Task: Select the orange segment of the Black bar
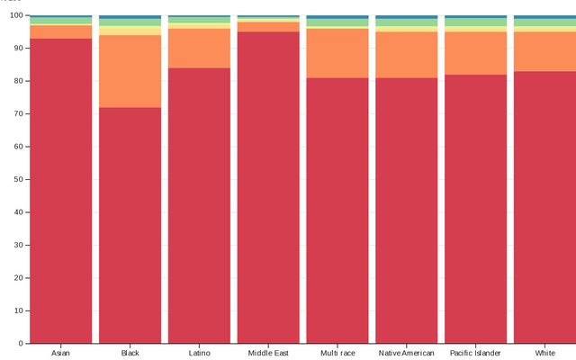(x=130, y=71)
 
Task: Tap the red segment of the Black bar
(x=130, y=225)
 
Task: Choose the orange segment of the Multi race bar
(x=337, y=53)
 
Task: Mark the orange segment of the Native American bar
(x=407, y=55)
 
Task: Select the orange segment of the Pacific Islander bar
(x=476, y=53)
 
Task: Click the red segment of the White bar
(x=544, y=207)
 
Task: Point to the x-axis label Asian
(x=61, y=353)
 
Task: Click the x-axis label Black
(x=130, y=353)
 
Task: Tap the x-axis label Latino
(x=200, y=353)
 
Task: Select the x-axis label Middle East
(x=268, y=353)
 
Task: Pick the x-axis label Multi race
(x=337, y=353)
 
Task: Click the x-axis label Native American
(x=407, y=353)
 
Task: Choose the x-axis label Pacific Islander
(x=476, y=353)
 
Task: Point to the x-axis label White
(x=544, y=353)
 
